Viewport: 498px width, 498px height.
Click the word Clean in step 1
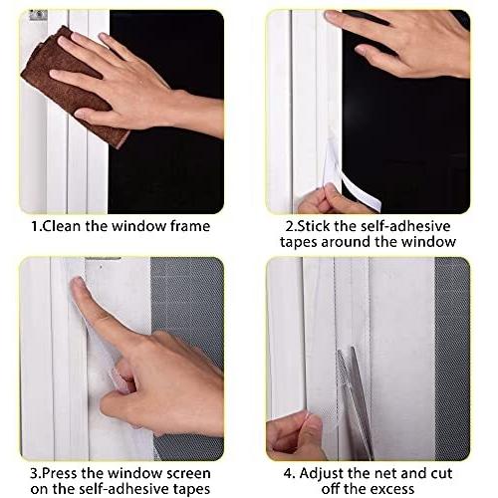[x=62, y=226]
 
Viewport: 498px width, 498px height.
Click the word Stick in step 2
[x=313, y=226]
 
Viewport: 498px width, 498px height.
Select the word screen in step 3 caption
[x=188, y=474]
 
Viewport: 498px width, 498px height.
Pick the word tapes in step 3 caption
[x=191, y=489]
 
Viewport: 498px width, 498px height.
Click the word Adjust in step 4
[x=321, y=474]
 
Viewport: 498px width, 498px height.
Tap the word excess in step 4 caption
[x=392, y=489]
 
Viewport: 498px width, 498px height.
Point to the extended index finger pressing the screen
[x=100, y=312]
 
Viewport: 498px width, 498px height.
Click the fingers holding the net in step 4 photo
[x=296, y=435]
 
